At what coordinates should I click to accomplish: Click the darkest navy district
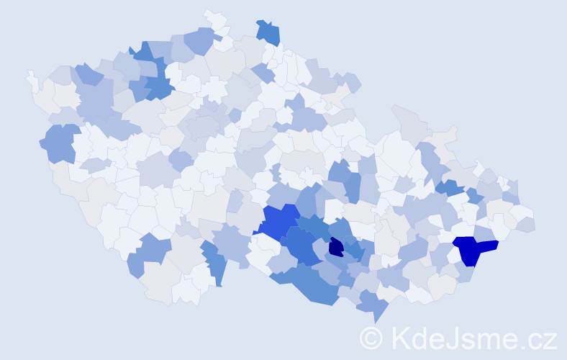[336, 247]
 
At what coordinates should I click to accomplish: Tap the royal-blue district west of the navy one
[279, 221]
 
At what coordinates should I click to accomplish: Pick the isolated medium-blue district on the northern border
[268, 32]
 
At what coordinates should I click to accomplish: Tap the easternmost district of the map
[526, 224]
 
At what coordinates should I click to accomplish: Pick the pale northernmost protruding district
[214, 19]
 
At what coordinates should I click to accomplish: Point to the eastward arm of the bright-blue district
[488, 246]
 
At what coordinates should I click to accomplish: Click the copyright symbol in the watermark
[371, 338]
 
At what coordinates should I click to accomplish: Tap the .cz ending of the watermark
[540, 338]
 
